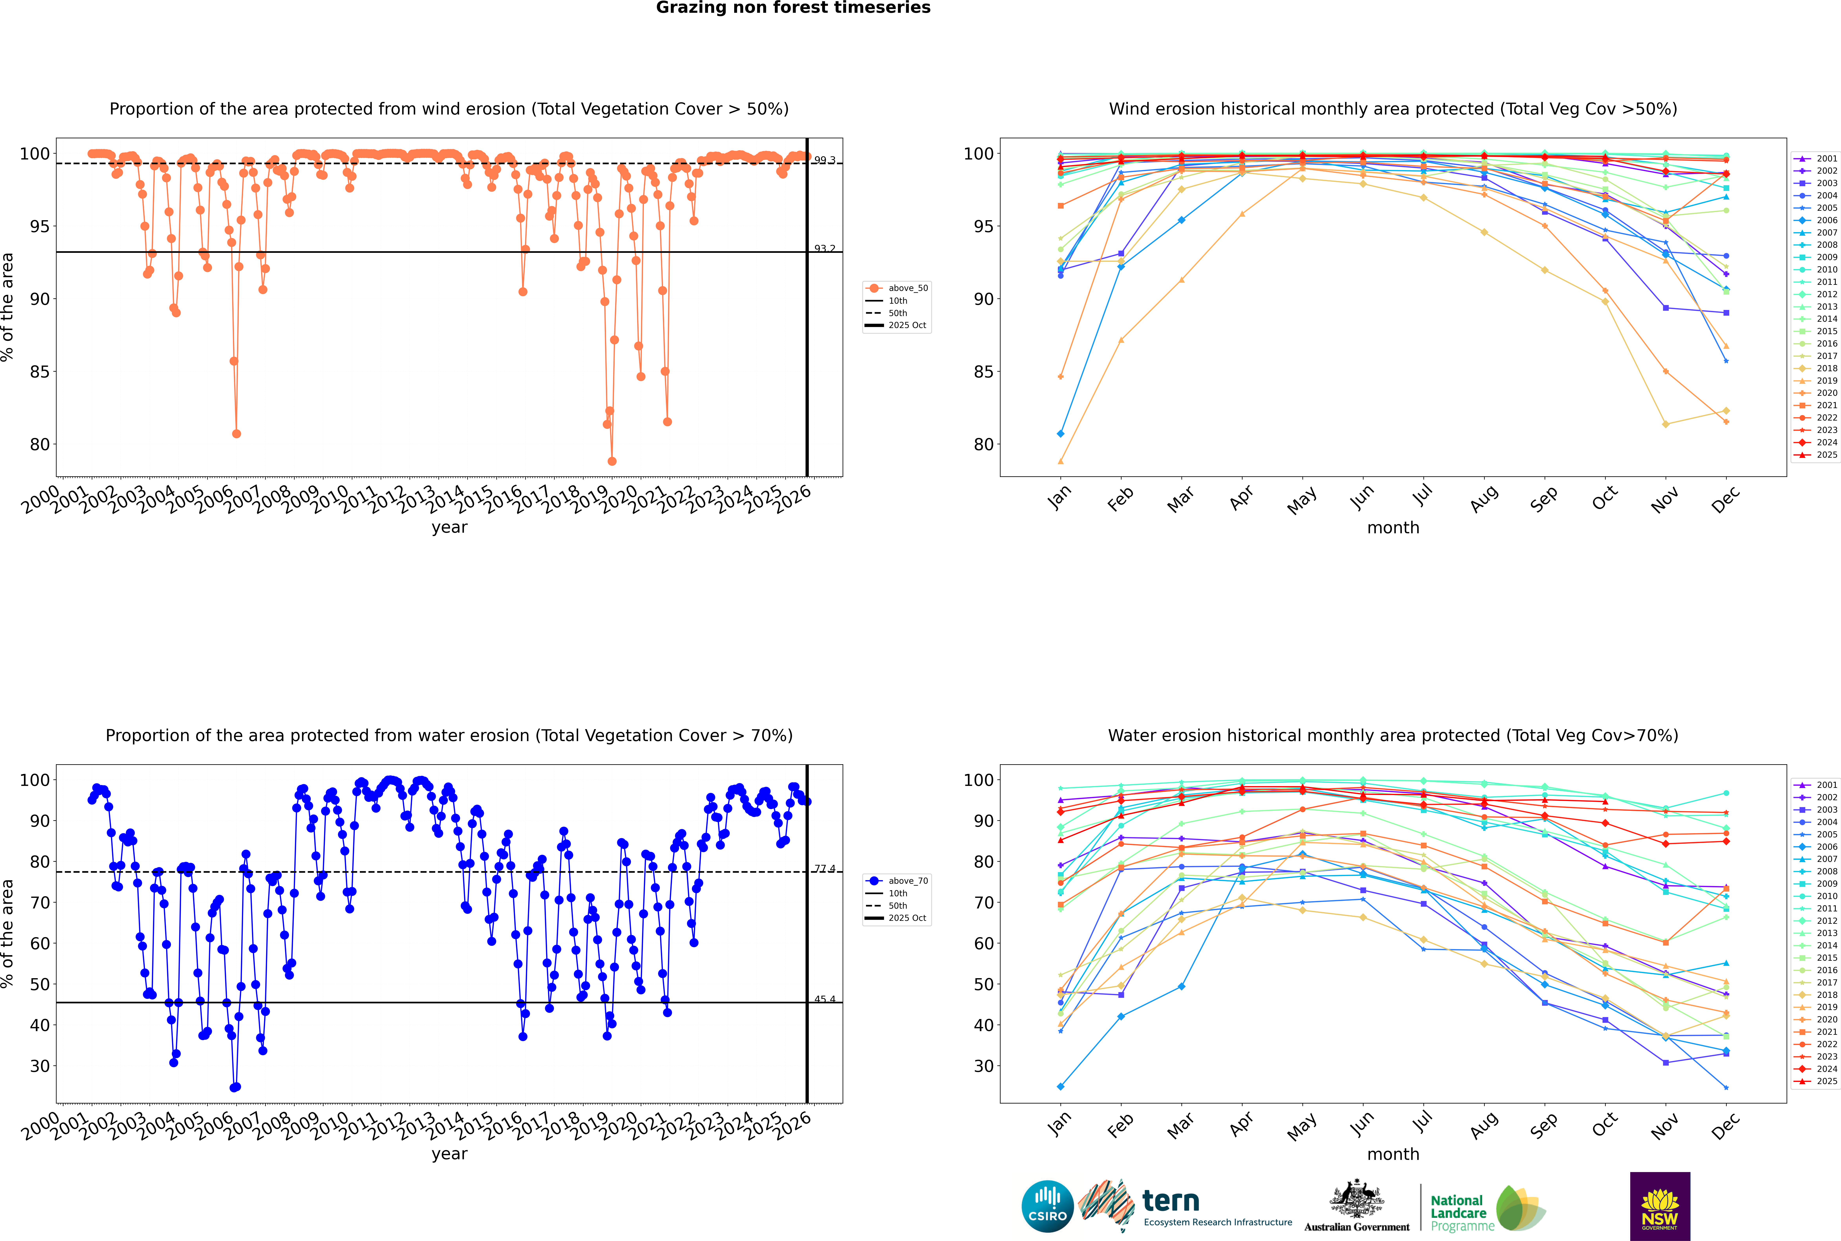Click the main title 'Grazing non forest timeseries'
793,8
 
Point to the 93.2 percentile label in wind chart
825,248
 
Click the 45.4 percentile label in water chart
825,999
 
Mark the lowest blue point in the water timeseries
234,1087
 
